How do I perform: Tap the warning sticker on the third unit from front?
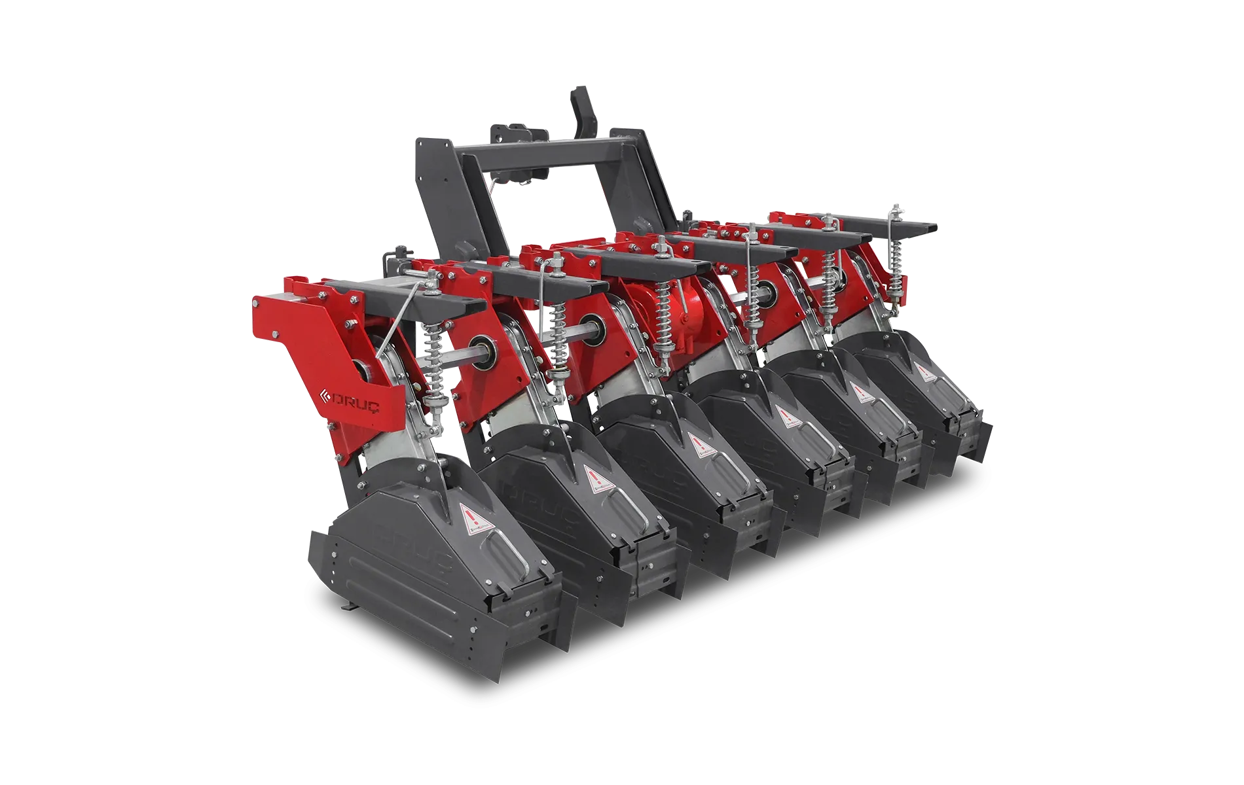coord(695,444)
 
